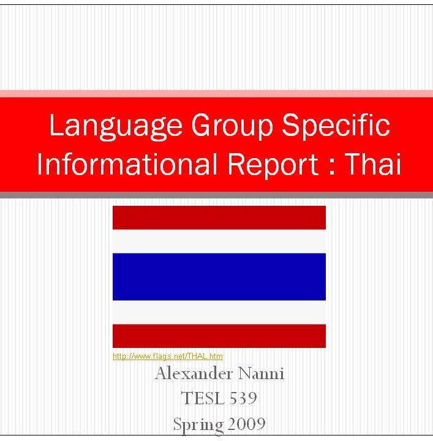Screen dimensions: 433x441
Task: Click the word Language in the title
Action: pos(116,126)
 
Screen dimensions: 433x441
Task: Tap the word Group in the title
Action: pos(232,126)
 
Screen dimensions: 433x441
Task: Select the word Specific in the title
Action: pos(336,126)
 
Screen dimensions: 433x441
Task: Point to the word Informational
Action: pos(127,164)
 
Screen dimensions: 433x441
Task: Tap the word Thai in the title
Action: pos(373,164)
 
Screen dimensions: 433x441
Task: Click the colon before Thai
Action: pos(332,167)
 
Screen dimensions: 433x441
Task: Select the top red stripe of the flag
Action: pos(219,217)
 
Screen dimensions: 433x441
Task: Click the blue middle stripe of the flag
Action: pos(219,277)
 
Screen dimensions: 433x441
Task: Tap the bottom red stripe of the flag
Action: pos(219,336)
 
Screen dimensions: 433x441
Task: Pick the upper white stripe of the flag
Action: pos(219,241)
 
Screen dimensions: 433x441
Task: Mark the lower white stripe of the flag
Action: pos(219,312)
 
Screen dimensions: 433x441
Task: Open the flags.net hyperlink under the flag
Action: pos(168,356)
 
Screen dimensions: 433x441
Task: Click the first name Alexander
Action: pos(194,374)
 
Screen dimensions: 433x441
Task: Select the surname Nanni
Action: pos(261,374)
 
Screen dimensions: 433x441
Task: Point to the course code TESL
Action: pos(202,398)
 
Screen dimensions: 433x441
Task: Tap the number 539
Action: pos(243,398)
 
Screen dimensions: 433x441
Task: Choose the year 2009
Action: pos(246,424)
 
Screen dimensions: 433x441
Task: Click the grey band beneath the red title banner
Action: pos(217,195)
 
